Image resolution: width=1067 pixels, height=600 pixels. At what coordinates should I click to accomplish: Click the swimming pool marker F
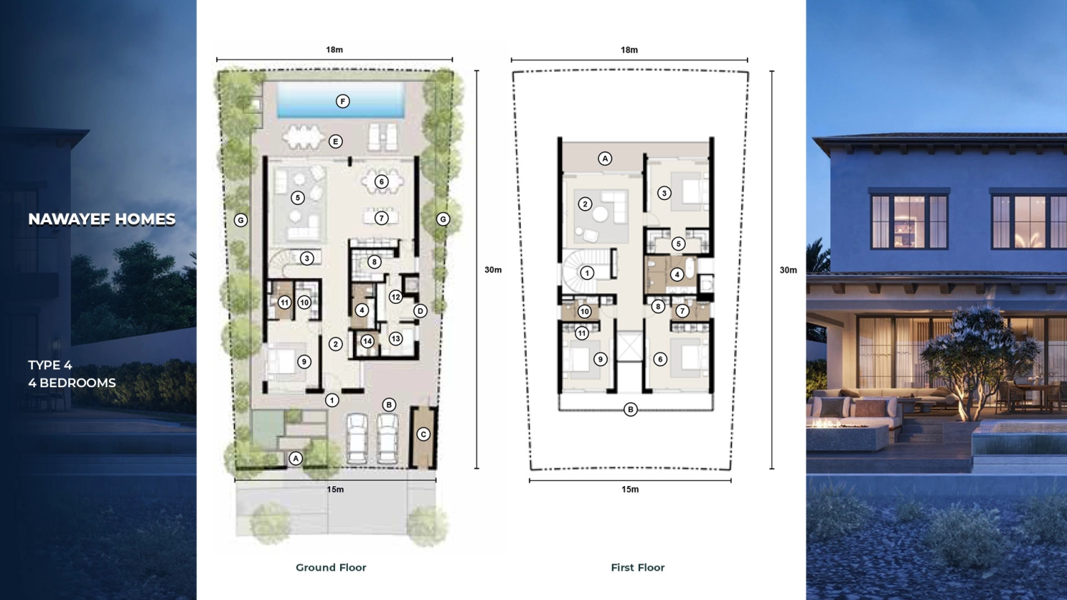(342, 101)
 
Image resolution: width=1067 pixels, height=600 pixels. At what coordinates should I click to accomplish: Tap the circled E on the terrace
(335, 142)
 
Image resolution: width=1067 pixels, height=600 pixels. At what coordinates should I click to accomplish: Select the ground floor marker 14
(367, 341)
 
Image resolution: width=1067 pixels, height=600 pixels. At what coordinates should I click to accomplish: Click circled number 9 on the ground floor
(304, 362)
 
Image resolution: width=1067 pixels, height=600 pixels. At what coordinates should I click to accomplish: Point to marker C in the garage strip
(423, 434)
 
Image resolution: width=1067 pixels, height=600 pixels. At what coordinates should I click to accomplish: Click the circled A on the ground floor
(296, 458)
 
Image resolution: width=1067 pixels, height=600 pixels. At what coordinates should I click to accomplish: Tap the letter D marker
(420, 311)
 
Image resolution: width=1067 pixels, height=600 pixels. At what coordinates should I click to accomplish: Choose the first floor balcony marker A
(605, 159)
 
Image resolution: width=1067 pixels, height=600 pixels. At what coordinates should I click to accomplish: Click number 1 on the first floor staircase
(587, 273)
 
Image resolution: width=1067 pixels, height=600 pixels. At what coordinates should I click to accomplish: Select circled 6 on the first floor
(659, 359)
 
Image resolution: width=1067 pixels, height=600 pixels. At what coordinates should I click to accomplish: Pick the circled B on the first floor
(630, 409)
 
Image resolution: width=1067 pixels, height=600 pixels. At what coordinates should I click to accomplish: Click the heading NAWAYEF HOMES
(102, 219)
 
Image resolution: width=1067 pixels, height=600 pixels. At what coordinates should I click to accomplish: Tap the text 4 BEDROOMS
(72, 383)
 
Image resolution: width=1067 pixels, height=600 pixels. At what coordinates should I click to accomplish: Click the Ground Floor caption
(331, 567)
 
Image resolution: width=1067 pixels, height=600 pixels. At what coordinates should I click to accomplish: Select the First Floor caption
(638, 567)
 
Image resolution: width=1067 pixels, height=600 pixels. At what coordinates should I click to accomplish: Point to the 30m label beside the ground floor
(493, 270)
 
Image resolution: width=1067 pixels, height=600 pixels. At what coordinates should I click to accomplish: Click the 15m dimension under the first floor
(630, 490)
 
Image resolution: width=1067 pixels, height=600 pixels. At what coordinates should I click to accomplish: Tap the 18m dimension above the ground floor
(334, 50)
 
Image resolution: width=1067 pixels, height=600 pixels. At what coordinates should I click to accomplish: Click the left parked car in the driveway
(357, 438)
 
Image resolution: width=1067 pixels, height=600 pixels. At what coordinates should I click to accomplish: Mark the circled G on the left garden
(240, 220)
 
